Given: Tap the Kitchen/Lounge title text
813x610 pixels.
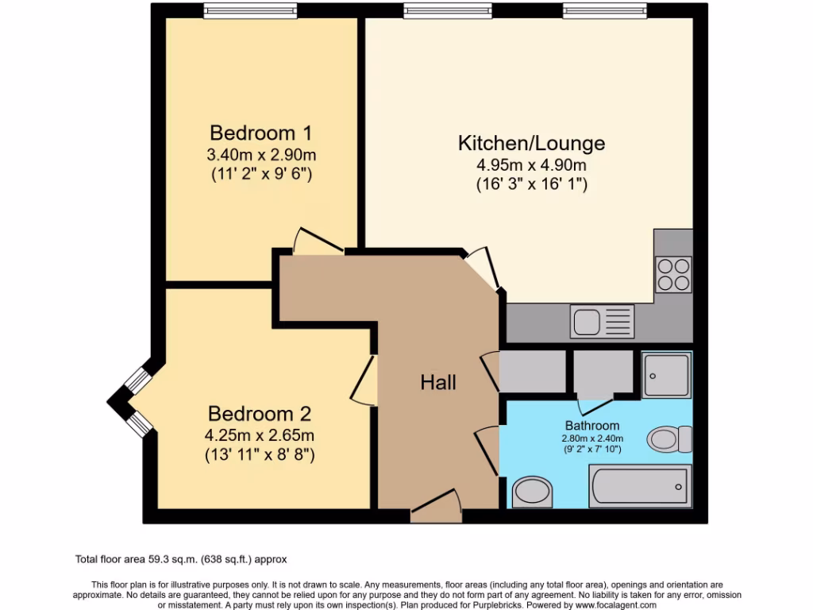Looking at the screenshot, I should click(x=531, y=143).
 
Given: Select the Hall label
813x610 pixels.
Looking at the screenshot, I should click(x=438, y=383).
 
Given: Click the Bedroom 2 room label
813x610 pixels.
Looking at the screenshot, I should click(x=260, y=414).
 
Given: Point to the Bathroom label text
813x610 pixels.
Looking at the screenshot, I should click(x=591, y=426).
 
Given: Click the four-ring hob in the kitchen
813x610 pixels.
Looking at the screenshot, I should click(x=673, y=274).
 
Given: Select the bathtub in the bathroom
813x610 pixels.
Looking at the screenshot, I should click(x=639, y=486).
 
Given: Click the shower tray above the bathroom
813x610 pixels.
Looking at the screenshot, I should click(x=667, y=373).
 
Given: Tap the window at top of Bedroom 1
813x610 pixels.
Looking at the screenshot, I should click(x=250, y=10).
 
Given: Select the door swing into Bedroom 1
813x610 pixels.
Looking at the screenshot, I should click(x=317, y=241).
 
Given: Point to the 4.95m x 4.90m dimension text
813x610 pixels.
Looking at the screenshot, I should click(x=531, y=165).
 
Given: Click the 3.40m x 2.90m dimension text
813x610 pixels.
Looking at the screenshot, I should click(x=262, y=154).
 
